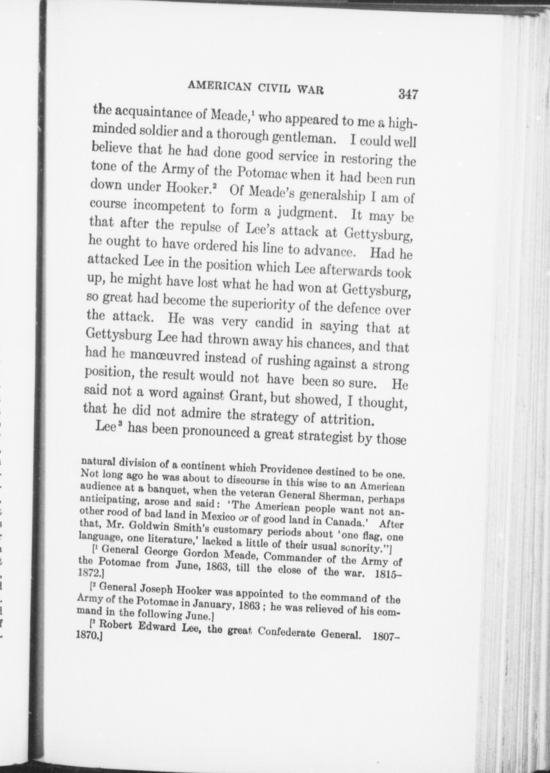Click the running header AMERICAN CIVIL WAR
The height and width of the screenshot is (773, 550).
(256, 88)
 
